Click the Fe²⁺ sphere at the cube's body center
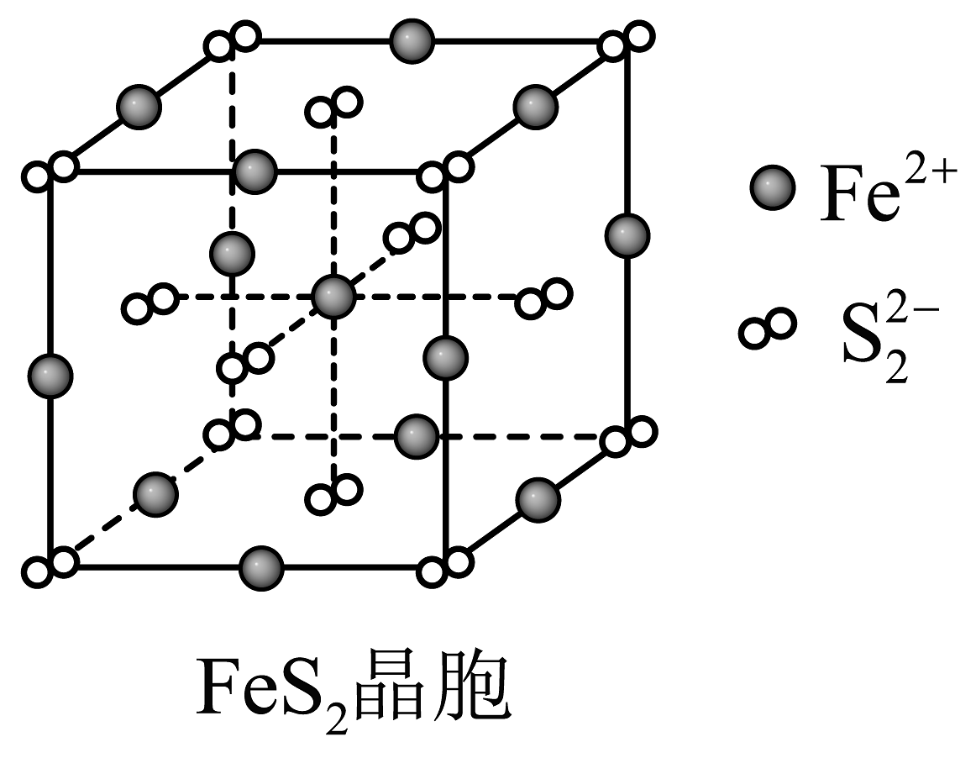pos(333,296)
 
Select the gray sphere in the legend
pos(772,189)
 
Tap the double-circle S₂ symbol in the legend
pos(766,328)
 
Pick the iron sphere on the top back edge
pos(412,39)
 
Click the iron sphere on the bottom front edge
pos(260,569)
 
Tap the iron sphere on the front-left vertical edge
pos(50,375)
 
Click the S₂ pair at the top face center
pos(334,106)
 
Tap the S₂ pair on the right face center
pos(544,297)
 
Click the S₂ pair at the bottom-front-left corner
pos(50,567)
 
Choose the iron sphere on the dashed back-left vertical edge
pos(232,253)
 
